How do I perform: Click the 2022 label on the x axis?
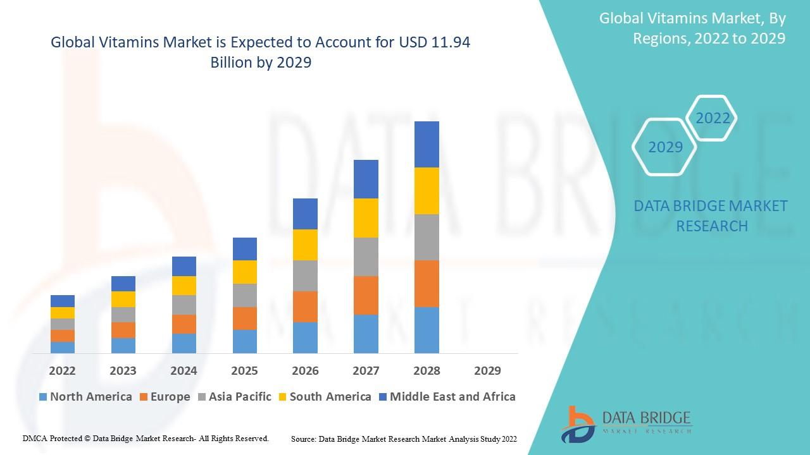pyautogui.click(x=62, y=370)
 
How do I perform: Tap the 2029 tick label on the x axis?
pyautogui.click(x=487, y=370)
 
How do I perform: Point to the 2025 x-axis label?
pyautogui.click(x=244, y=370)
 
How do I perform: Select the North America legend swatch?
pyautogui.click(x=43, y=397)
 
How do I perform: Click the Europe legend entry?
pyautogui.click(x=164, y=397)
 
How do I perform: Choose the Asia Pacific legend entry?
pyautogui.click(x=234, y=397)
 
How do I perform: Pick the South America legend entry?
pyautogui.click(x=324, y=397)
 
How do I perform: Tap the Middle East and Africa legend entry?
pyautogui.click(x=447, y=397)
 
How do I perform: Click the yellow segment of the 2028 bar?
pyautogui.click(x=427, y=191)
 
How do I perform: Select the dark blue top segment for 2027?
pyautogui.click(x=366, y=179)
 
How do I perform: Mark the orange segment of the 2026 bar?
pyautogui.click(x=305, y=306)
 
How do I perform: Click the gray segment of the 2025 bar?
pyautogui.click(x=244, y=295)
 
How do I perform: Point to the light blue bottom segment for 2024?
pyautogui.click(x=184, y=343)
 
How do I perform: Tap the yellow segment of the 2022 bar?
pyautogui.click(x=63, y=313)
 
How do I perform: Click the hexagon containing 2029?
pyautogui.click(x=664, y=147)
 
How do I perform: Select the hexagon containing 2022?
pyautogui.click(x=713, y=118)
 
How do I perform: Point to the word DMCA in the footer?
pyautogui.click(x=35, y=438)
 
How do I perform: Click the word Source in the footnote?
pyautogui.click(x=303, y=439)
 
